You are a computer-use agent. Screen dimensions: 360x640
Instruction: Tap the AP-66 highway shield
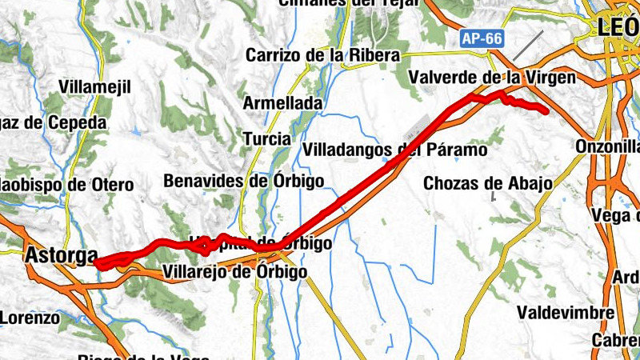coord(481,38)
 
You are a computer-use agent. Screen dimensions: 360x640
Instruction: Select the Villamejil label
coord(94,86)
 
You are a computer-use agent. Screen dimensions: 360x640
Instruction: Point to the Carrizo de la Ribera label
coord(322,55)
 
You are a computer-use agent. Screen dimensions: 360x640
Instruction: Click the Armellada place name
coord(282,103)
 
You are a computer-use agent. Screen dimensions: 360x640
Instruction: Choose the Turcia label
coord(266,138)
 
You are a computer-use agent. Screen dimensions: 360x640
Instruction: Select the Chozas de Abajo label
coord(487,182)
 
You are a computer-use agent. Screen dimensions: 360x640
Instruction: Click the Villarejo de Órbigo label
coord(234,272)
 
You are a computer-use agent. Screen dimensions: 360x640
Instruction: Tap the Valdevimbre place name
coord(566,311)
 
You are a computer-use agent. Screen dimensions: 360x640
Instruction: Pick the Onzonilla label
coord(608,147)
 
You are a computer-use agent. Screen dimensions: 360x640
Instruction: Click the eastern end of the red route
coord(546,111)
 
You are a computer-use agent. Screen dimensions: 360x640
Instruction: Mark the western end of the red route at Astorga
coord(96,261)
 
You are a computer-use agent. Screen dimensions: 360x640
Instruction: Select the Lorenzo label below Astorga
coord(29,318)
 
